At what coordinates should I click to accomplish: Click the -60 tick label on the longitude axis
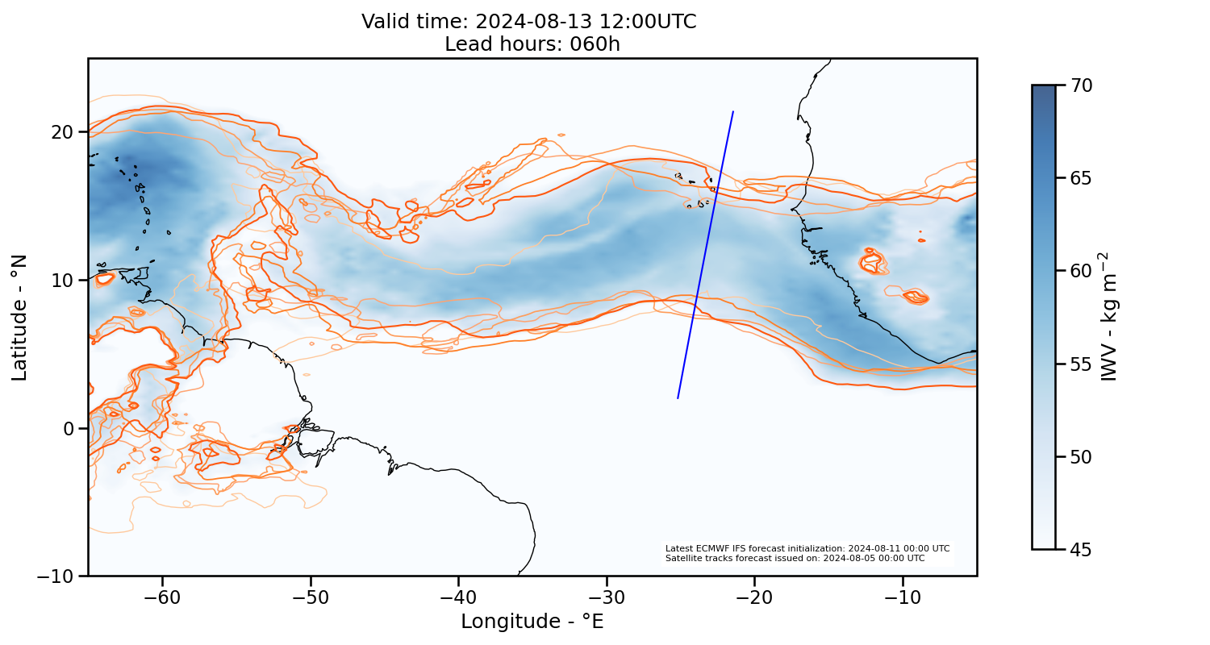[162, 597]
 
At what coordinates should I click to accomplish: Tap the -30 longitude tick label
[607, 597]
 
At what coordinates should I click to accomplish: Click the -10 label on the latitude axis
[57, 576]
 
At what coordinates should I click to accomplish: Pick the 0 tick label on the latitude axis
[70, 428]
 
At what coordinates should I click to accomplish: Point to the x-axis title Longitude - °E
[532, 622]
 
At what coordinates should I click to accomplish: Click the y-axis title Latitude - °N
[19, 317]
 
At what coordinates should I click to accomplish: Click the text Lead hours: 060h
[532, 44]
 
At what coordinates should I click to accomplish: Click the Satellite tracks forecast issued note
[795, 558]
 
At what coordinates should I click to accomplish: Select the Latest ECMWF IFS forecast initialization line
[807, 548]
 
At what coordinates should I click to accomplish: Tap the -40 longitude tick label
[458, 597]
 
